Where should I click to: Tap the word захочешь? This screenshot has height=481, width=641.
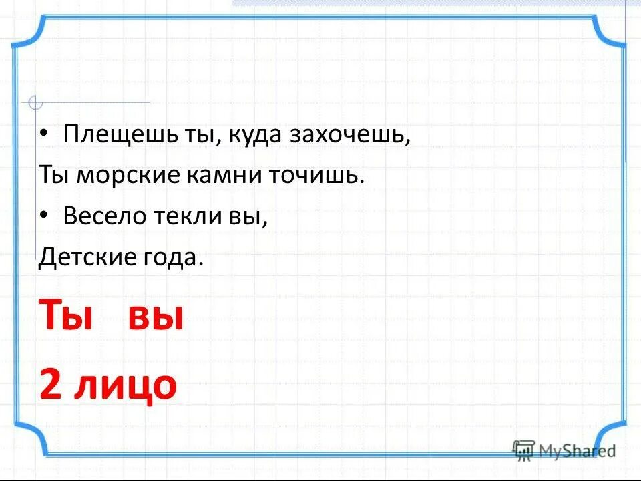[x=349, y=135]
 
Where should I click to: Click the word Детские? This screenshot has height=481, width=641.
[x=83, y=257]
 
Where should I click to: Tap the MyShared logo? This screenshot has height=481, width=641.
[x=564, y=450]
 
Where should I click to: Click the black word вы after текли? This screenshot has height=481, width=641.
[x=251, y=217]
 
